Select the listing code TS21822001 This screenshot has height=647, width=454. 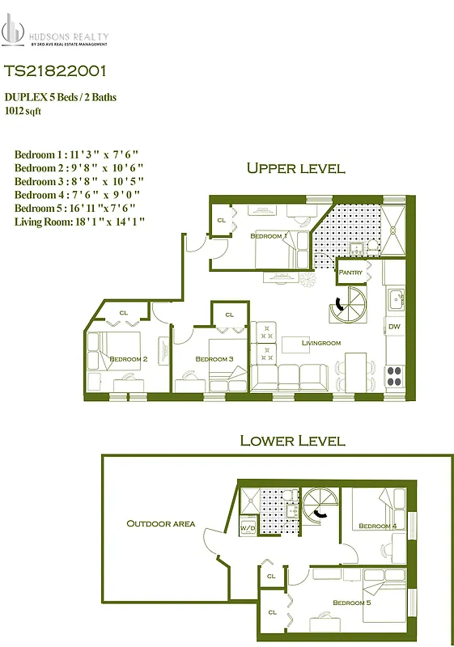point(54,72)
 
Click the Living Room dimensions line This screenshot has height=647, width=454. point(79,221)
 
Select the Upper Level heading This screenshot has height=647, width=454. point(295,168)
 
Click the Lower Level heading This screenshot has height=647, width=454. point(292,441)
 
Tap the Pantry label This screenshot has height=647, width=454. point(350,273)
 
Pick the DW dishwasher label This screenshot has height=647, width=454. point(394,327)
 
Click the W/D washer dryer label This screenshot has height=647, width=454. point(248,528)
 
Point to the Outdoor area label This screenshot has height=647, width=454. point(160,523)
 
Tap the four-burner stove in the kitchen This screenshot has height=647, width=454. point(394,376)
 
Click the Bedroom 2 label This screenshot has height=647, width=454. point(128,358)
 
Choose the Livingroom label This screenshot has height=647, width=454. point(321,343)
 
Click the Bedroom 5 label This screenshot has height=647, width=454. point(351,603)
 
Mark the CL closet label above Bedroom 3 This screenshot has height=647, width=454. point(229,315)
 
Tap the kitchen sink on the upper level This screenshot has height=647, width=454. point(396,299)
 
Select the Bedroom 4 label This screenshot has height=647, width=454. point(377,526)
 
